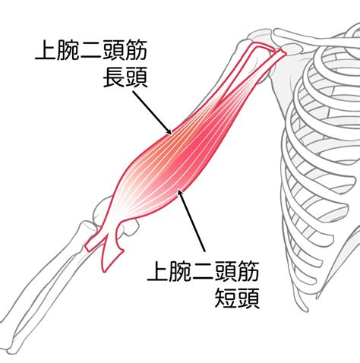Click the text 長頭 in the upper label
pyautogui.click(x=125, y=77)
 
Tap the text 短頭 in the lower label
pyautogui.click(x=237, y=298)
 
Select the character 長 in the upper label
pyautogui.click(x=114, y=77)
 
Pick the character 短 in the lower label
pyautogui.click(x=226, y=298)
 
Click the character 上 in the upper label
pyautogui.click(x=46, y=51)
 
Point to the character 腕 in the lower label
pyautogui.click(x=180, y=272)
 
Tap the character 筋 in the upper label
pyautogui.click(x=136, y=51)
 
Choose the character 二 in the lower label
pyautogui.click(x=203, y=272)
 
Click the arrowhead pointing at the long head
pyautogui.click(x=169, y=131)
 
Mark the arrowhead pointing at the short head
pyautogui.click(x=180, y=193)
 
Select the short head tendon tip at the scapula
pyautogui.click(x=283, y=53)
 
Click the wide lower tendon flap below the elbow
pyautogui.click(x=112, y=253)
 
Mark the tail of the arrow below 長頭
pyautogui.click(x=134, y=92)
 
